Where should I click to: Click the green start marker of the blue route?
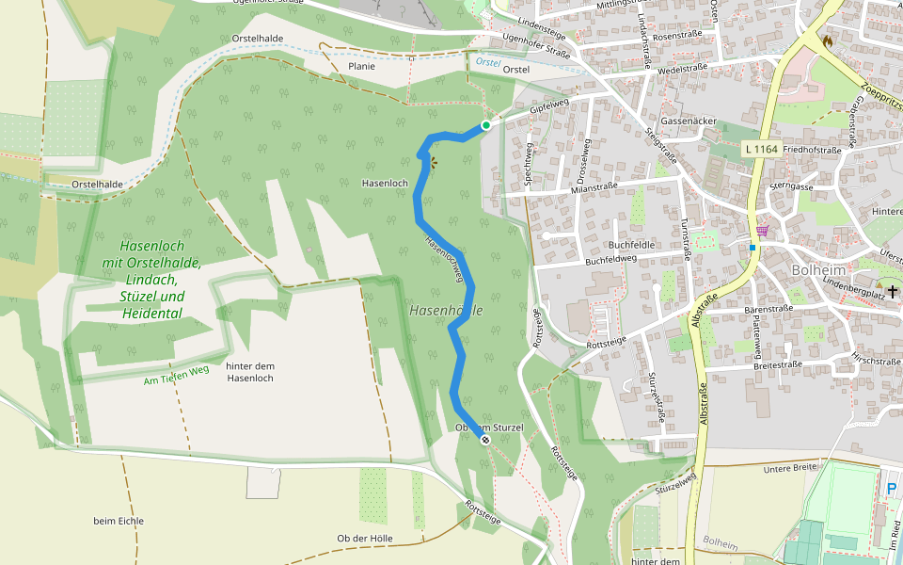click(486, 125)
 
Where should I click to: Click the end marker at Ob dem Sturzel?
click(485, 440)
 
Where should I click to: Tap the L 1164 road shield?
click(761, 149)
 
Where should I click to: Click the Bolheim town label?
click(815, 269)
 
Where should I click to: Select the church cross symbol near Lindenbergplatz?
click(891, 293)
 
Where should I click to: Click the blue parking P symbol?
click(891, 489)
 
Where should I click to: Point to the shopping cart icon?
click(761, 230)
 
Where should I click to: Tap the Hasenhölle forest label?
click(446, 310)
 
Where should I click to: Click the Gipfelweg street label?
click(550, 109)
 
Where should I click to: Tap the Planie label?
click(361, 66)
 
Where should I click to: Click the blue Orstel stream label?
click(487, 61)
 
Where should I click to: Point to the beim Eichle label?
click(119, 521)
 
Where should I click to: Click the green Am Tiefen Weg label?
click(176, 375)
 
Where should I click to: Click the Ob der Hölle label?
click(365, 539)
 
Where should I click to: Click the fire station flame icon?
click(827, 40)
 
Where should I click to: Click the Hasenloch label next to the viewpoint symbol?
click(385, 183)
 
